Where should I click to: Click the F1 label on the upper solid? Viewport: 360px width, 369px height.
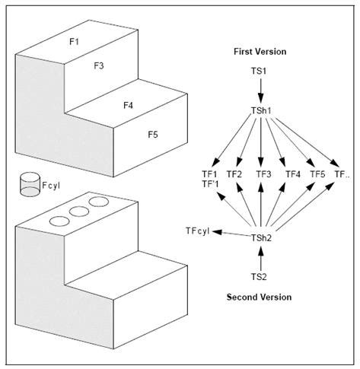[x=74, y=41]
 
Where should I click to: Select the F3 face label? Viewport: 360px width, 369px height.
[x=99, y=66]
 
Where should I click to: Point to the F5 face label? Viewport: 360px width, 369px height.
[x=153, y=135]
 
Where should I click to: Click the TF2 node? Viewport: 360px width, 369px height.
[x=234, y=174]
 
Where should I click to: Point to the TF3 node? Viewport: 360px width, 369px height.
[x=263, y=174]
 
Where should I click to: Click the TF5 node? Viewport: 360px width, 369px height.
[x=317, y=174]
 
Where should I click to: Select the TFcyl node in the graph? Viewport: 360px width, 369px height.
[x=197, y=231]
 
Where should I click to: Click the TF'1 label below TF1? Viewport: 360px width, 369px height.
[x=208, y=184]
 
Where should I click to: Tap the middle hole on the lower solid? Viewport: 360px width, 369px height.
[x=74, y=212]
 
